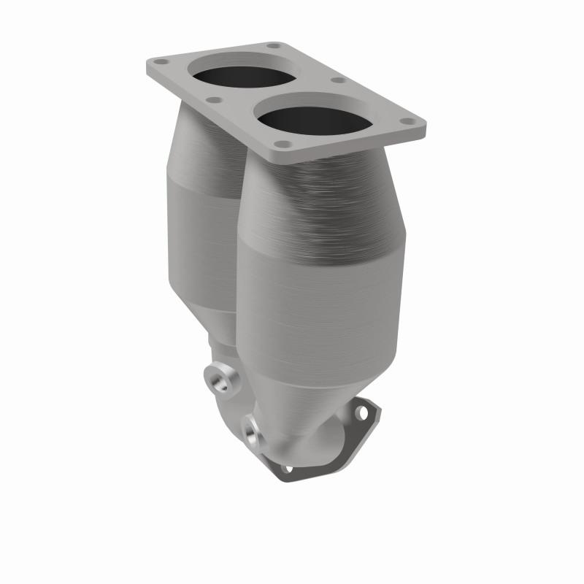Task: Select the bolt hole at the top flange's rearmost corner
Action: click(272, 46)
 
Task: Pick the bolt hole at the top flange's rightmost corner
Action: click(408, 123)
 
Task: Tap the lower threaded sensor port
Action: click(253, 431)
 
